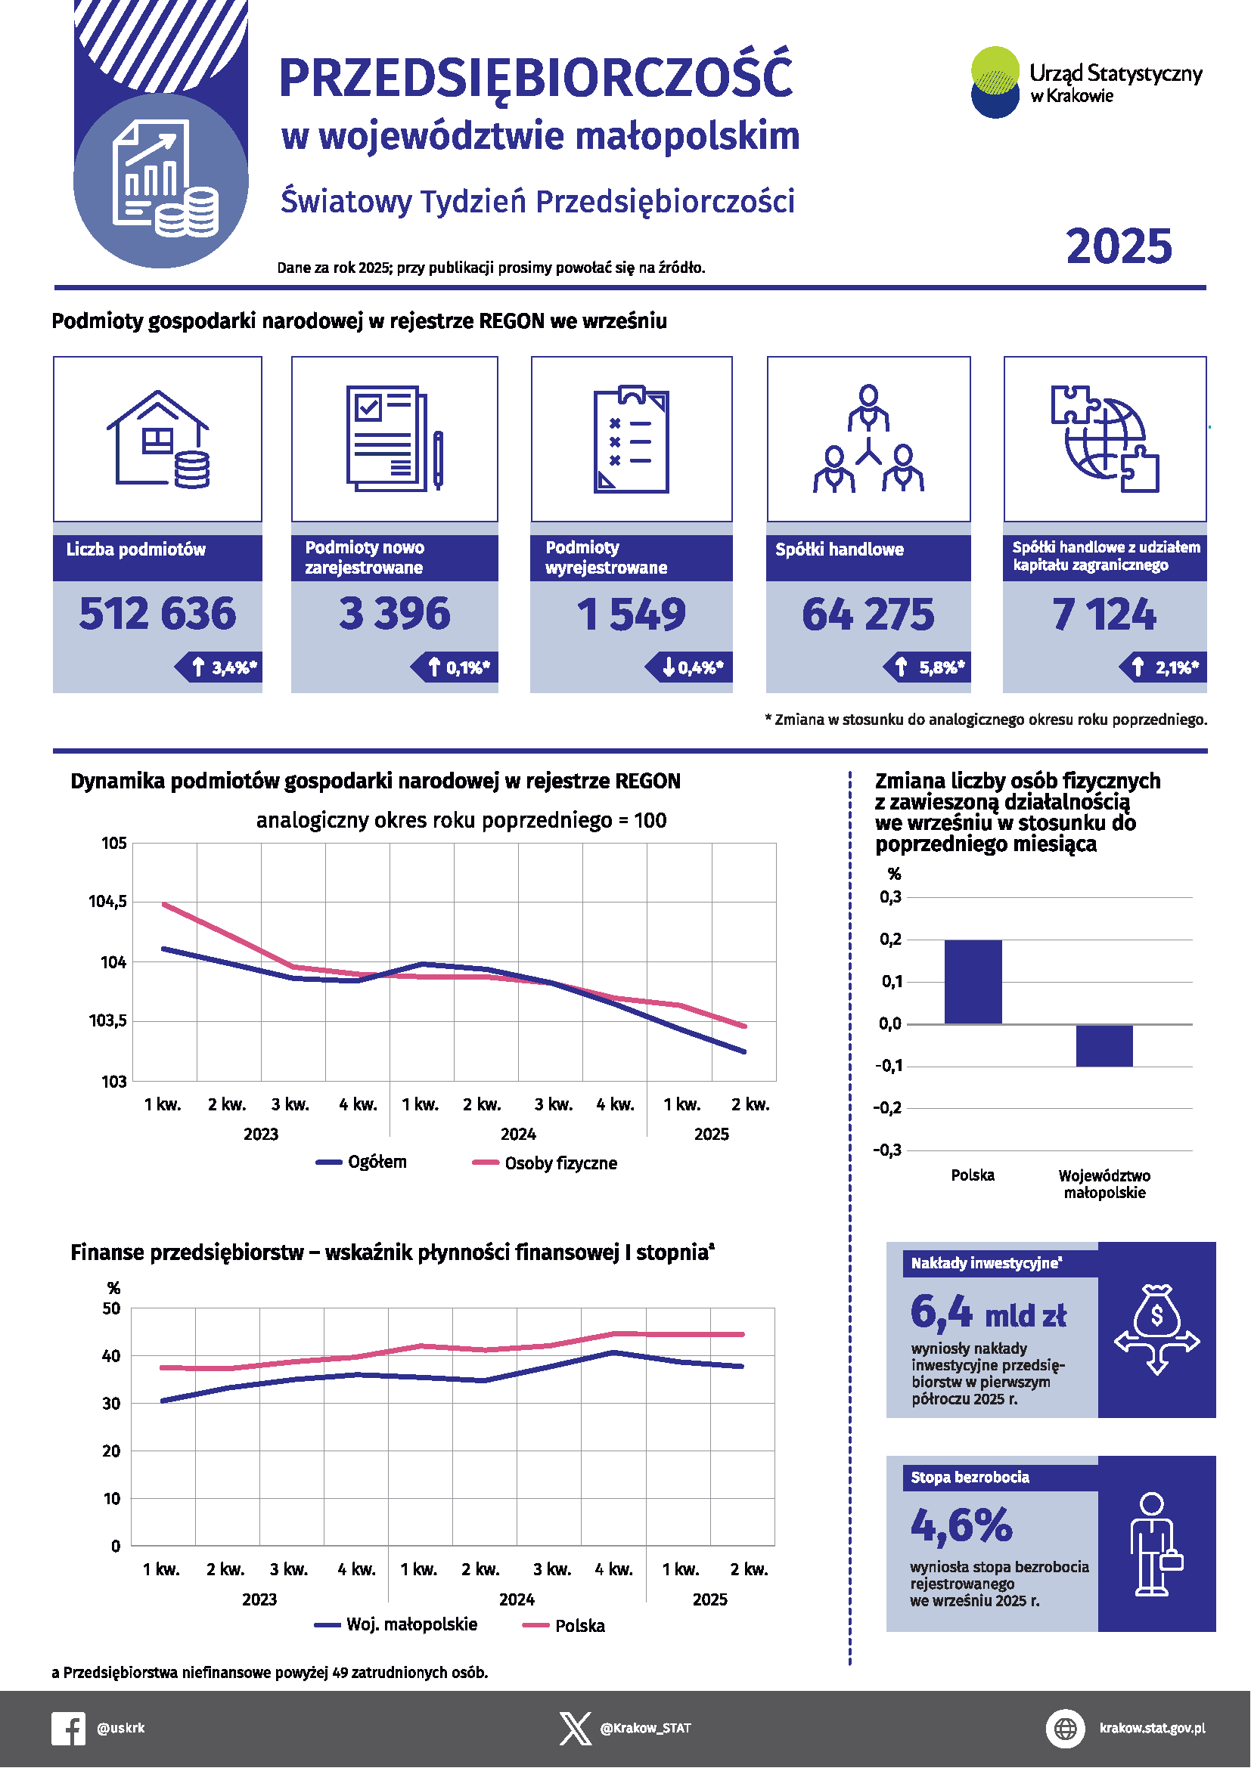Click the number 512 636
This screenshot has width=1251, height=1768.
pyautogui.click(x=157, y=614)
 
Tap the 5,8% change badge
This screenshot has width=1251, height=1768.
pyautogui.click(x=928, y=667)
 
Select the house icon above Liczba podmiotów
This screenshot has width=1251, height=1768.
pyautogui.click(x=158, y=439)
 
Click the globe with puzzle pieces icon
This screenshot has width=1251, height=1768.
pyautogui.click(x=1104, y=439)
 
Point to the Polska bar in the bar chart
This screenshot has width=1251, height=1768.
pyautogui.click(x=973, y=981)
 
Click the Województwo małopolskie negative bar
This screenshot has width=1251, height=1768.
pyautogui.click(x=1104, y=1045)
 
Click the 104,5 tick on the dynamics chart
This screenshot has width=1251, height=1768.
pyautogui.click(x=108, y=901)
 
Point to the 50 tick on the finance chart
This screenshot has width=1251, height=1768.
pyautogui.click(x=112, y=1308)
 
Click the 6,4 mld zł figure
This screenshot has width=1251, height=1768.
pyautogui.click(x=988, y=1313)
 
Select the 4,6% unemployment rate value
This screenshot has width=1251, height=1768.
pyautogui.click(x=961, y=1525)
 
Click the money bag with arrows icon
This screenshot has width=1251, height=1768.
pyautogui.click(x=1156, y=1329)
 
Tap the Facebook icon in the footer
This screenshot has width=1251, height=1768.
pyautogui.click(x=69, y=1728)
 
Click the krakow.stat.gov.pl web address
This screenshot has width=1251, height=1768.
pyautogui.click(x=1152, y=1728)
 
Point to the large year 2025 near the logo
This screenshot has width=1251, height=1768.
pyautogui.click(x=1119, y=246)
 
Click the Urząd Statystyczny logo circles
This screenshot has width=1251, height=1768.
pyautogui.click(x=995, y=82)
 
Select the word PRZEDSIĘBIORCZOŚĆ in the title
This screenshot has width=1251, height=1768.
pyautogui.click(x=535, y=79)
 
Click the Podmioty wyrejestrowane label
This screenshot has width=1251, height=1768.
pyautogui.click(x=606, y=558)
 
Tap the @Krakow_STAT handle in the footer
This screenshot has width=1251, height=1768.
pyautogui.click(x=645, y=1728)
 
